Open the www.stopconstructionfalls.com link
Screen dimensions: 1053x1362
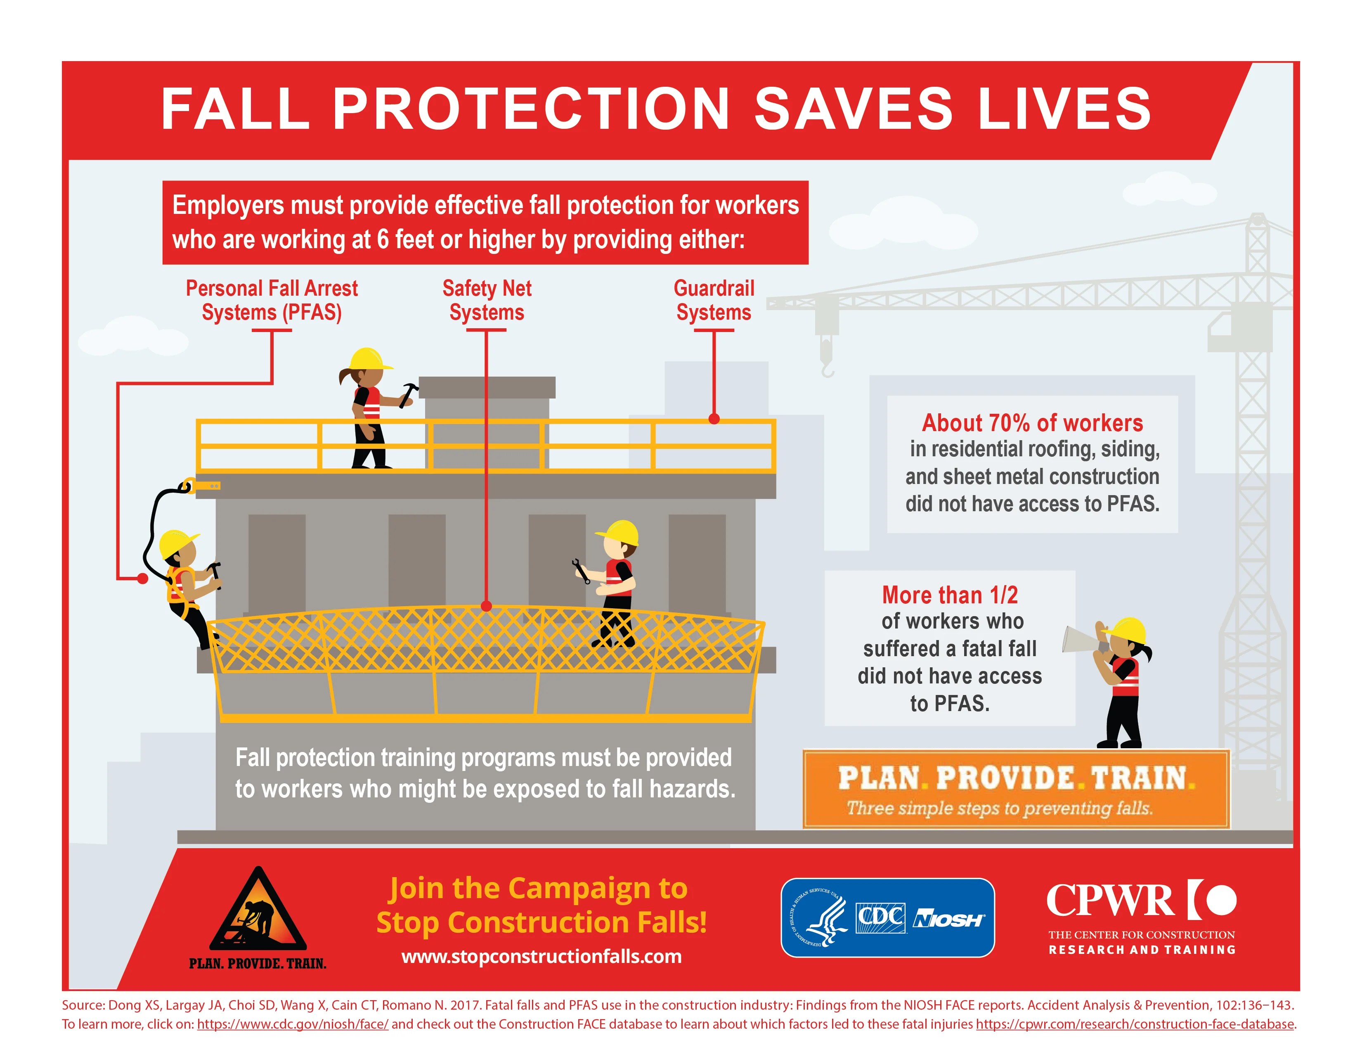(x=541, y=956)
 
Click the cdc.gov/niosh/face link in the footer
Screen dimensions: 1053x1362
(x=293, y=1025)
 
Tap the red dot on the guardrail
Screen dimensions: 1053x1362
(x=714, y=419)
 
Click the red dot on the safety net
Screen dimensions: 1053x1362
(x=487, y=606)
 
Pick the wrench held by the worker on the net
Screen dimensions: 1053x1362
(x=581, y=571)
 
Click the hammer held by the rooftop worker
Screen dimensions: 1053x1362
(x=409, y=394)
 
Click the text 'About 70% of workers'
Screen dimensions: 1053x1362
(x=1032, y=423)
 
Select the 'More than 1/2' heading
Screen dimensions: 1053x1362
(x=949, y=595)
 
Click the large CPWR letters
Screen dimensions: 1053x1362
(x=1110, y=900)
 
